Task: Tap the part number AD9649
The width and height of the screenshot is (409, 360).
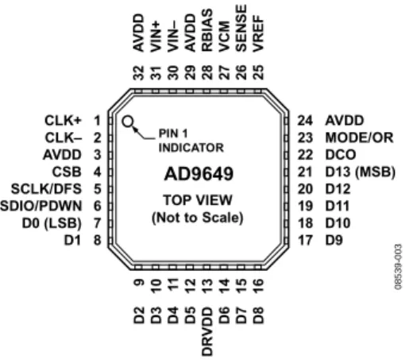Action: [x=199, y=174]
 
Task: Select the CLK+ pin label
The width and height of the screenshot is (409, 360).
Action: [x=63, y=121]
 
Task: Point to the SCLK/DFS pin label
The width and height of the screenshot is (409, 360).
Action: [x=46, y=189]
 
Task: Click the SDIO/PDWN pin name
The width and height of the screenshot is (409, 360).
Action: [x=41, y=206]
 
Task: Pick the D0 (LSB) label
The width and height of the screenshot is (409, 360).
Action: [x=52, y=223]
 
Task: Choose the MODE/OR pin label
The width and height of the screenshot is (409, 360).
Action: [x=359, y=137]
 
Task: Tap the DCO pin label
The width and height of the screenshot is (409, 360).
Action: [x=341, y=155]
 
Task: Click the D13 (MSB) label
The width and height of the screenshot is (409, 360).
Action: [x=361, y=172]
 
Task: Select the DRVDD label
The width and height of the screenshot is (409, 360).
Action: [x=207, y=331]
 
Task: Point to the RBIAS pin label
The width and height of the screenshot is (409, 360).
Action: [x=207, y=30]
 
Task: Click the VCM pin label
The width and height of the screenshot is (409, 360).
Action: [x=224, y=37]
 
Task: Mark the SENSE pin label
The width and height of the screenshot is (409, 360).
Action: [x=241, y=28]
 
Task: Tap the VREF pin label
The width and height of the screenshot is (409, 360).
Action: [x=258, y=34]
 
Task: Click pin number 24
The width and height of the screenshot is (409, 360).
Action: [x=305, y=121]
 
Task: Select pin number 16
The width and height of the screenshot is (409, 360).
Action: [x=258, y=286]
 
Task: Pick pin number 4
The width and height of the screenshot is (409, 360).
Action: [x=98, y=172]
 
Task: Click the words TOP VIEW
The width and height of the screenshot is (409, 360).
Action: [x=198, y=200]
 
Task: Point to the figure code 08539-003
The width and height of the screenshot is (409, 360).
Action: [x=398, y=267]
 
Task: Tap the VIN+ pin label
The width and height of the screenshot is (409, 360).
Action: [x=156, y=37]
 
